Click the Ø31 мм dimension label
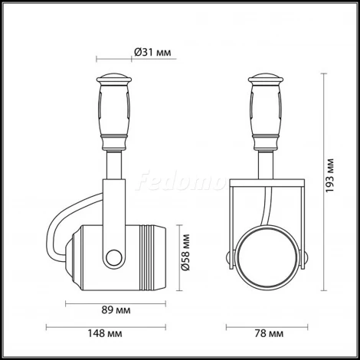pyautogui.click(x=152, y=51)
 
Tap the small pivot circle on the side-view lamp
pyautogui.click(x=115, y=257)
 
